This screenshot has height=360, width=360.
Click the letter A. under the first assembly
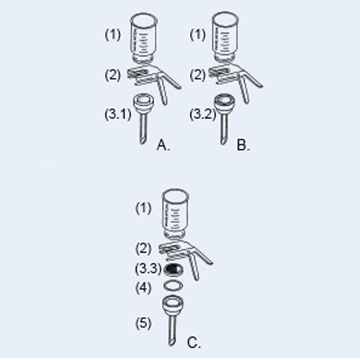163,145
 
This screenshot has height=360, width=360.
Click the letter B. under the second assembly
243,145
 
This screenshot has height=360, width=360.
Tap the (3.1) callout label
117,113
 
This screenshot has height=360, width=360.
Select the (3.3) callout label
148,269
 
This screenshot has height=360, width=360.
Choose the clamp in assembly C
182,250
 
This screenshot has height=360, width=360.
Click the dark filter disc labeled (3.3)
173,269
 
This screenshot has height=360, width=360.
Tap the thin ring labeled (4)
173,286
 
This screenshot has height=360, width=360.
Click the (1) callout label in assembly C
144,208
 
